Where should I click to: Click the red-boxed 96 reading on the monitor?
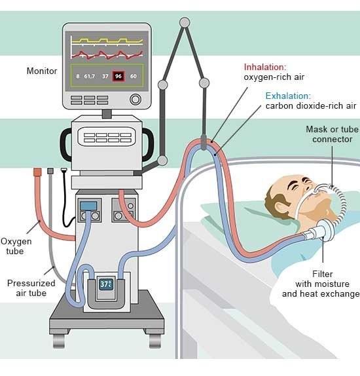coord(118,76)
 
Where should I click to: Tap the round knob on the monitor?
coord(135,100)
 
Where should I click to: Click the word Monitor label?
coord(42,71)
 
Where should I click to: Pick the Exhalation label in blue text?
coord(288,96)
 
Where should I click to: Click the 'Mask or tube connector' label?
coord(332,134)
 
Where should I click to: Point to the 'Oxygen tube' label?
coord(16,246)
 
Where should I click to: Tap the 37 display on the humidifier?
coord(106,285)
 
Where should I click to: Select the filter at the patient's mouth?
coord(325,231)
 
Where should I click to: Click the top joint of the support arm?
coord(185,22)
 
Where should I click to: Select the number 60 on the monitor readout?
coord(134,77)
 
